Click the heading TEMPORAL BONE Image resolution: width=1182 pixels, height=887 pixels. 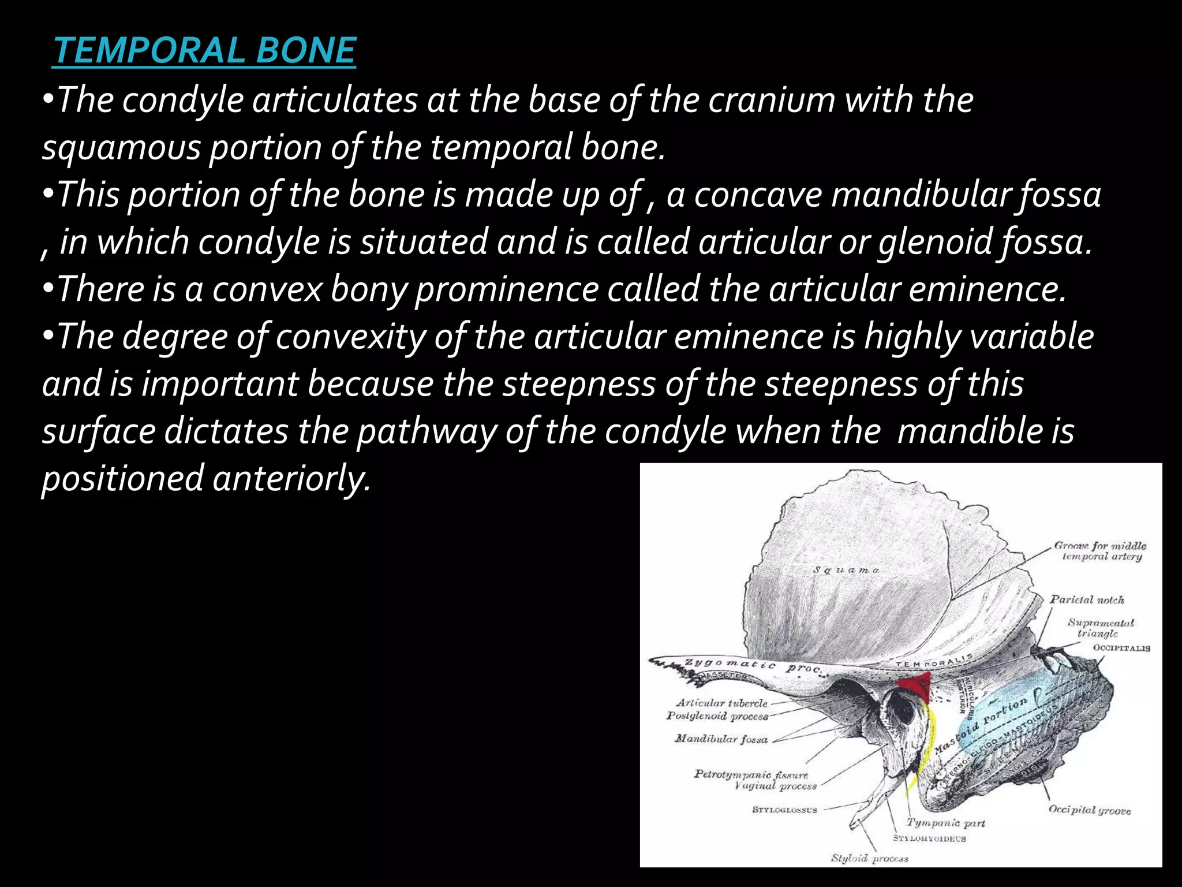point(204,50)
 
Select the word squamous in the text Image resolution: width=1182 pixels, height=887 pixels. point(121,147)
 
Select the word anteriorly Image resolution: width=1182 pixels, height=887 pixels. point(291,479)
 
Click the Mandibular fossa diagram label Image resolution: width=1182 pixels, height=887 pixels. point(721,739)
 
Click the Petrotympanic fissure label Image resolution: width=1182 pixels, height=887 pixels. point(751,774)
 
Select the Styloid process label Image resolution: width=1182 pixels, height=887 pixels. point(869,858)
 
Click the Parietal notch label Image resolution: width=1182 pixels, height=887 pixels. point(1087,599)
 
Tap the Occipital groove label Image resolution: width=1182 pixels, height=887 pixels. point(1089,810)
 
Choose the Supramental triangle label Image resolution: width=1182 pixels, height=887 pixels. point(1100,628)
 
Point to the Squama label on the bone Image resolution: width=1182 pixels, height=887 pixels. point(846,570)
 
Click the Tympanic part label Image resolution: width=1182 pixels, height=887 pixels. point(945,822)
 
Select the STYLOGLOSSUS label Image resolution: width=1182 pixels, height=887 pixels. point(784,810)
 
